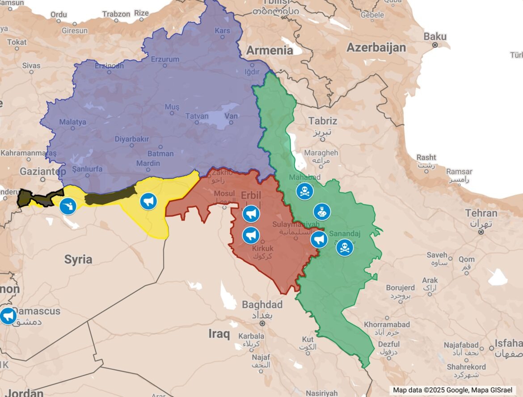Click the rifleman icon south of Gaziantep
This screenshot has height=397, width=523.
[68, 206]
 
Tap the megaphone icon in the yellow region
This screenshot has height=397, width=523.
[148, 201]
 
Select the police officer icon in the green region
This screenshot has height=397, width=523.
[322, 212]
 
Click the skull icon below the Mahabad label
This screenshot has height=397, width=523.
[305, 192]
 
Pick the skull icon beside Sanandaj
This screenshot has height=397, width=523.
[345, 247]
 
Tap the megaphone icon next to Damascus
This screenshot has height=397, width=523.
[8, 316]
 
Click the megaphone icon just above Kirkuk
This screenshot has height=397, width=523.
[251, 235]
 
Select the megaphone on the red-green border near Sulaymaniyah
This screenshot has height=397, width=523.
[319, 239]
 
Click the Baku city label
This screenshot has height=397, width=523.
[435, 37]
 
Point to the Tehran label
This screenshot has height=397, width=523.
[481, 213]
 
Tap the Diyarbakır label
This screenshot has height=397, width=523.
[132, 139]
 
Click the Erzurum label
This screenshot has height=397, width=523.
[165, 59]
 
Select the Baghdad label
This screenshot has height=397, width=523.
[262, 305]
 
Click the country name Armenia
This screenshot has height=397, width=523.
[270, 50]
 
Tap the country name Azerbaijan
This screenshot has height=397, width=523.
[376, 48]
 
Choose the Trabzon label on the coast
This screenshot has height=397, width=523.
[116, 14]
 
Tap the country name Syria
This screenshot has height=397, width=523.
[78, 259]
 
